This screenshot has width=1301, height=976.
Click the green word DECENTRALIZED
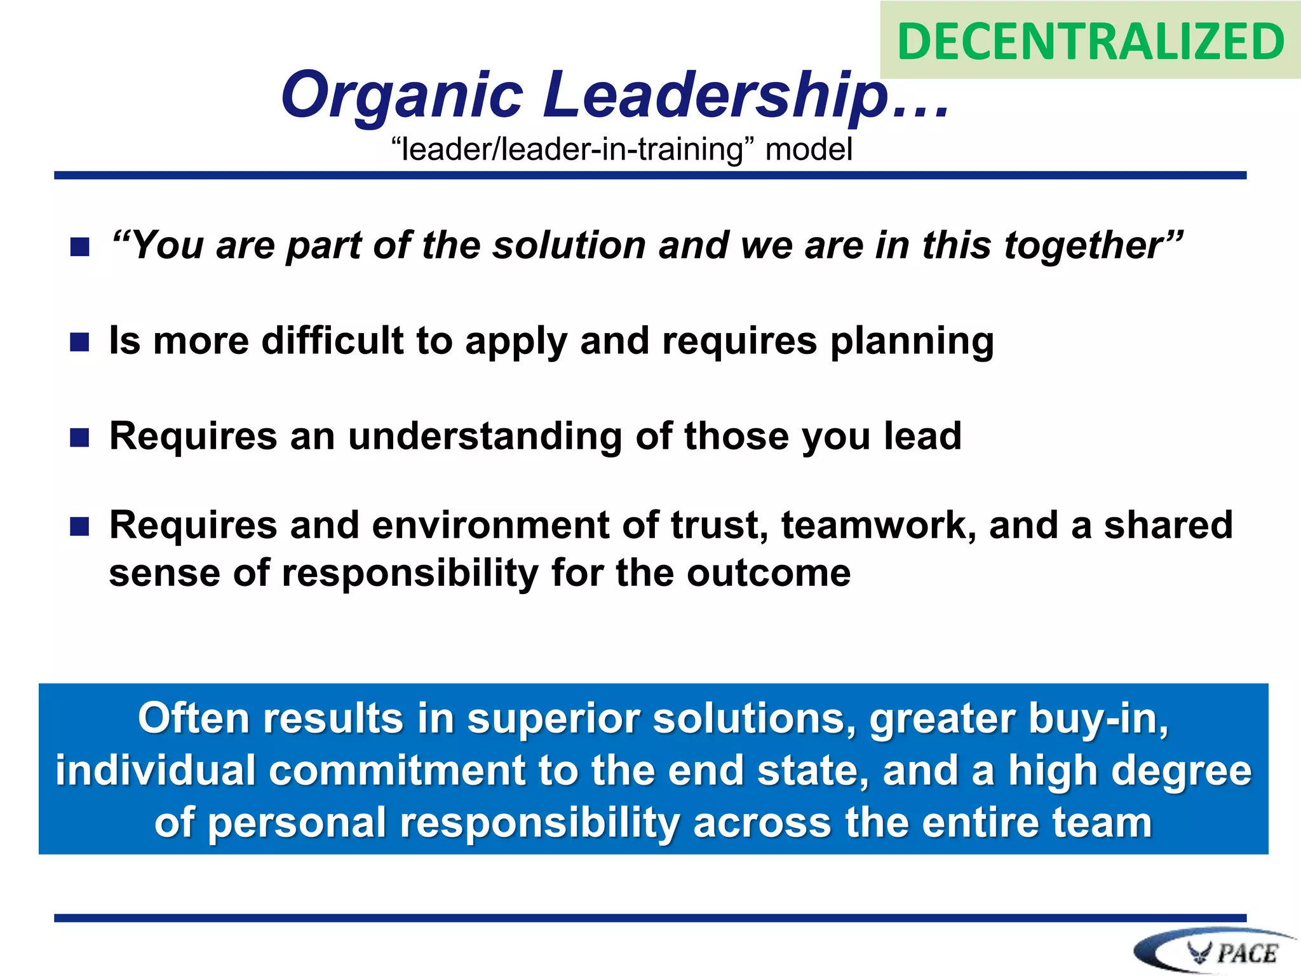(x=1090, y=41)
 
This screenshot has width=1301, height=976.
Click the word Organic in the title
(x=401, y=95)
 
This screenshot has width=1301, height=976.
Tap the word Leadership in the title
(x=715, y=95)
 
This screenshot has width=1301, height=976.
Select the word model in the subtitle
(x=808, y=150)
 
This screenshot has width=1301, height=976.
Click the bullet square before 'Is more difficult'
(x=79, y=342)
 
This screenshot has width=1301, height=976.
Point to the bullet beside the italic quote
(x=79, y=247)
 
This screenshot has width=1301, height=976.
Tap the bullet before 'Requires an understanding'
(x=79, y=438)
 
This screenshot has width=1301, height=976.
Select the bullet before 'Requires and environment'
(x=79, y=527)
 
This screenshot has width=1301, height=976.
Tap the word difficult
(x=332, y=341)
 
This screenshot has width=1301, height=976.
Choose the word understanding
(x=485, y=437)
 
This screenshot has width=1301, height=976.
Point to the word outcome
(x=769, y=573)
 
